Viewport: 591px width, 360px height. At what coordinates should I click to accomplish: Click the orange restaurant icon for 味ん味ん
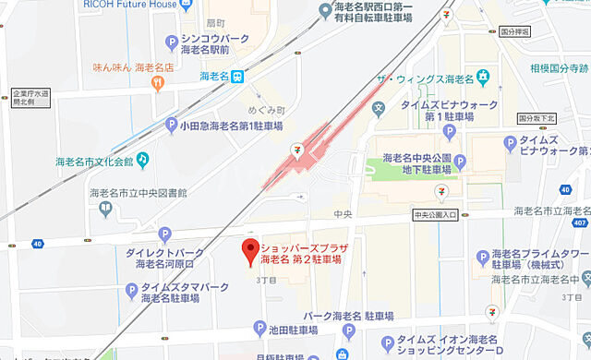click(x=158, y=84)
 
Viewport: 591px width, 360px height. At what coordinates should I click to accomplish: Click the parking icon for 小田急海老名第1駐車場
click(x=171, y=126)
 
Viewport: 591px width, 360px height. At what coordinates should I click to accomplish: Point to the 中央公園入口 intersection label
click(x=435, y=216)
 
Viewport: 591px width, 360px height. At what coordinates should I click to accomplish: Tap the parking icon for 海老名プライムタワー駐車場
click(x=482, y=257)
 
